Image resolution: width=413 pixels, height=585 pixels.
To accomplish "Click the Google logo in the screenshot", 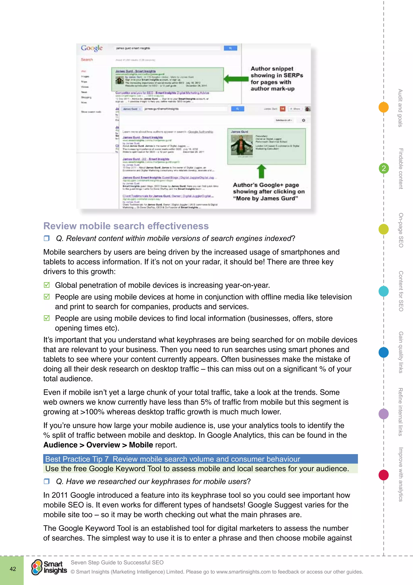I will [x=92, y=48].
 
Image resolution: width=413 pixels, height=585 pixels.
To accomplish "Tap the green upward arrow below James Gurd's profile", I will [x=261, y=171].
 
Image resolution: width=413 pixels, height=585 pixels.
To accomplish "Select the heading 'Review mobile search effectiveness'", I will [x=126, y=226].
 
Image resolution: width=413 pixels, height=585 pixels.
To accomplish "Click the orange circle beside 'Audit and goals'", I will [x=384, y=107].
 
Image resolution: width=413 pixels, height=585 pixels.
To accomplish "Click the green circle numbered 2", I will [x=384, y=168].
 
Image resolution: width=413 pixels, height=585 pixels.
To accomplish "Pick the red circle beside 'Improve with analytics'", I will [x=384, y=475].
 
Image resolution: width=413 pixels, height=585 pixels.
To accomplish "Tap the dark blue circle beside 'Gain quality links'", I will [x=384, y=352].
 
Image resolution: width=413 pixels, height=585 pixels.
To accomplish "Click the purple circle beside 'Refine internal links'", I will [x=384, y=413].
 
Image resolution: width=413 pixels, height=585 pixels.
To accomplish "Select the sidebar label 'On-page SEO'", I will [x=401, y=230].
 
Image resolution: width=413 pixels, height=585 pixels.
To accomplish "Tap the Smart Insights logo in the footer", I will [x=49, y=567].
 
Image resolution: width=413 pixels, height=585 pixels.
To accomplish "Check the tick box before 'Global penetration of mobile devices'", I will [x=47, y=285].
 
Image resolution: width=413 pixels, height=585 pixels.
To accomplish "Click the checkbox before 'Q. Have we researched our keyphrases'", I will [x=47, y=481].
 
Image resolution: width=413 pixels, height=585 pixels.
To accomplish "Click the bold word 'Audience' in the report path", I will [x=60, y=445].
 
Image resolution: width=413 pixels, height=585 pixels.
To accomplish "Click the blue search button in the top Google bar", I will [x=230, y=48].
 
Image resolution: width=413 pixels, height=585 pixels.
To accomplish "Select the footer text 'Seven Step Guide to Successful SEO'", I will [x=117, y=562].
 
